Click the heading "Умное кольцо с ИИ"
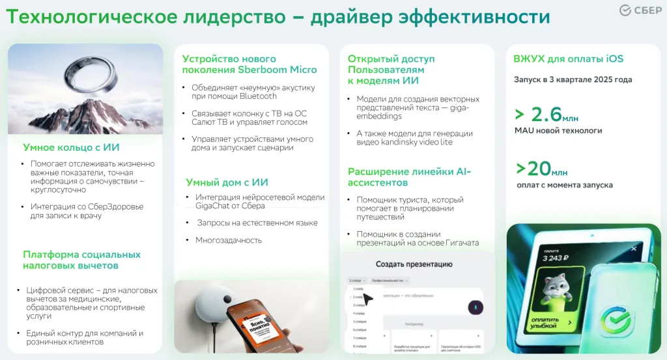tap(71, 148)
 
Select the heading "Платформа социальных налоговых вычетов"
tap(81, 260)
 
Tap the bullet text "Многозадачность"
tap(229, 240)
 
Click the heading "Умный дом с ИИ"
tap(227, 182)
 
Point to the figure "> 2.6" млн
tap(545, 115)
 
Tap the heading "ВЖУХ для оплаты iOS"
tap(568, 59)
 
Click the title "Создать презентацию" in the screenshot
tap(414, 264)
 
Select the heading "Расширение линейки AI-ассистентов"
tap(409, 178)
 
